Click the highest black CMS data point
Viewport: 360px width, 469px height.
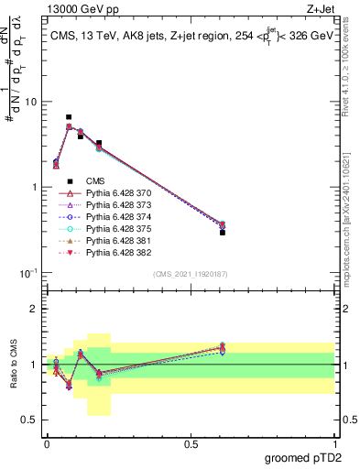pos(69,117)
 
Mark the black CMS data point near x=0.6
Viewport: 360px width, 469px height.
pos(223,233)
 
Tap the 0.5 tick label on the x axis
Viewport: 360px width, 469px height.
pos(191,443)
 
